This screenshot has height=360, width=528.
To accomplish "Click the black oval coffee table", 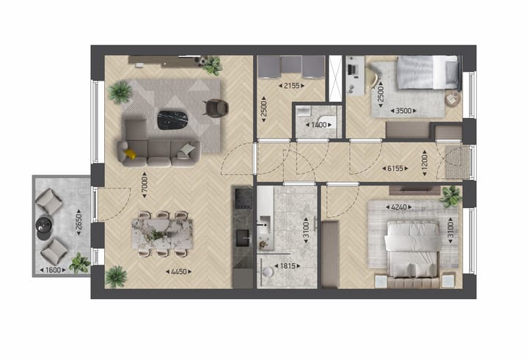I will tap(174, 117).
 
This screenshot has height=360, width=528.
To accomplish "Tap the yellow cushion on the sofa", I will tap(130, 153).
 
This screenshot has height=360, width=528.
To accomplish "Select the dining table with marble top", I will tap(161, 234).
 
